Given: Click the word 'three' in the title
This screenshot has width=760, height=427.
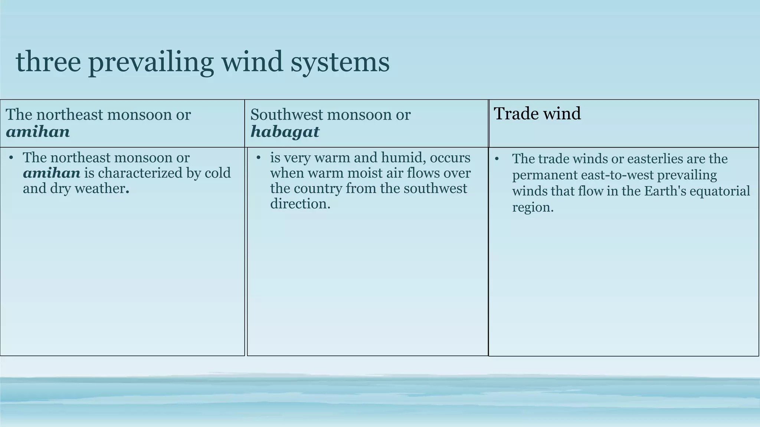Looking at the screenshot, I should pyautogui.click(x=48, y=62).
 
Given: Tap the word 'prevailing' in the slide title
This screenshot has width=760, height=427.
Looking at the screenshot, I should pyautogui.click(x=151, y=62).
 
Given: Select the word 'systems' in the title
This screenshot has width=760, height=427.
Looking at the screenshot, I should pyautogui.click(x=340, y=62).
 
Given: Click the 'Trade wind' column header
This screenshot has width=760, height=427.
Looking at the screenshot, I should pyautogui.click(x=537, y=113).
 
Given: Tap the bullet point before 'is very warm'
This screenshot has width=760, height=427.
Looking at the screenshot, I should pyautogui.click(x=259, y=158).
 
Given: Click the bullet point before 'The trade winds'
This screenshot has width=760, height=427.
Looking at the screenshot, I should pyautogui.click(x=497, y=159).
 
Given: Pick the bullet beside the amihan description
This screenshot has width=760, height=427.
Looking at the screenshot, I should pyautogui.click(x=12, y=158).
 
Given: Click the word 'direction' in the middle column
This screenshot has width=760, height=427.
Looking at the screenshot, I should pyautogui.click(x=299, y=204).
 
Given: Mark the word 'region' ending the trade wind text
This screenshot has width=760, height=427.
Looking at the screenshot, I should pyautogui.click(x=531, y=207).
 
